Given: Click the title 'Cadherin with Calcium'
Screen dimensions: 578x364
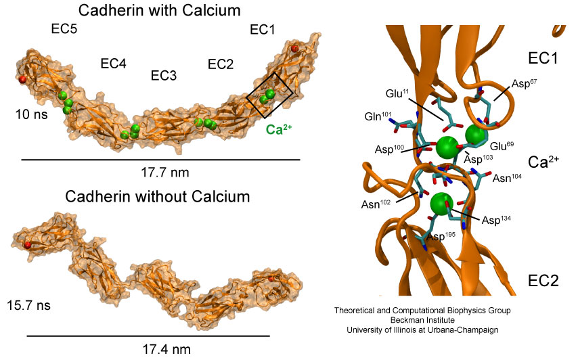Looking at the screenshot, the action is point(159,10).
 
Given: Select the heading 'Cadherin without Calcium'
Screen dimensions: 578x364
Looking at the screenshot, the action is point(158,196).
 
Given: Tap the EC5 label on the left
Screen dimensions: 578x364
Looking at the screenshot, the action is point(64,28).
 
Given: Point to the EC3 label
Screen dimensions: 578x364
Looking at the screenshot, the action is point(164,76).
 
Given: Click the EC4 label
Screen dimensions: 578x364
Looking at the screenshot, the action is point(114,64).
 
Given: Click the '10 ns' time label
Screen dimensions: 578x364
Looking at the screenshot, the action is point(31,114).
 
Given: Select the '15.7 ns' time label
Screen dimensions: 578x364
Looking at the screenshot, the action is point(28,305).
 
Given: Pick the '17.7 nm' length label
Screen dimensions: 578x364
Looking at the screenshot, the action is point(164,172).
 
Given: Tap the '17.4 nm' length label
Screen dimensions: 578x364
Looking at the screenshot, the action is point(166,349).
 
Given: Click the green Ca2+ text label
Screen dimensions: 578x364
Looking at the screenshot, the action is point(279,129).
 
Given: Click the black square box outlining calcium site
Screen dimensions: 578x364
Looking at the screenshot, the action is point(270,95).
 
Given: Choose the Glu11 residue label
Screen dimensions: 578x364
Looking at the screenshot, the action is point(397,93).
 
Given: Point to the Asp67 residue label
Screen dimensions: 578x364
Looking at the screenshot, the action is point(524,83).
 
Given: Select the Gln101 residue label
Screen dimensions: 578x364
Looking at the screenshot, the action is point(378,116).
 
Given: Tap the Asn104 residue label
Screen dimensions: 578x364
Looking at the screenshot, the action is point(507,178).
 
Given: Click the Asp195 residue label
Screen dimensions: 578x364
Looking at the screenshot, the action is point(441,236).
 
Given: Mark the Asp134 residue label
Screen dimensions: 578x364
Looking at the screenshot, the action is point(496,220).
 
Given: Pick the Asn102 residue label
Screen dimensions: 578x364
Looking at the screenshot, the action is point(376,204).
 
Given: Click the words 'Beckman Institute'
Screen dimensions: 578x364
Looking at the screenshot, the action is point(422,320).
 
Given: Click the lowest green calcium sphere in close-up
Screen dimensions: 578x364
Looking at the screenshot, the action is point(441,204).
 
